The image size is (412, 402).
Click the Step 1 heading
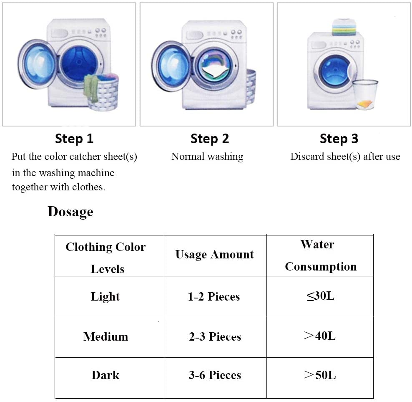point(74,139)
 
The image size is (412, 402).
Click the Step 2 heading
point(210,139)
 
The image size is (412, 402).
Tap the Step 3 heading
point(339,139)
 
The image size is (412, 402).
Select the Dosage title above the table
point(70,212)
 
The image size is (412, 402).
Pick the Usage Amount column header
point(214,255)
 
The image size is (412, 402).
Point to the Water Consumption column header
point(320,255)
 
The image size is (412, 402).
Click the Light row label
point(105,297)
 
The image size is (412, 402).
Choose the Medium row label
point(106,336)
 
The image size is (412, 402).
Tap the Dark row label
point(106,375)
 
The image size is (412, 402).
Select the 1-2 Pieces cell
point(214,297)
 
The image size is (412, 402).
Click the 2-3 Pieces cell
point(215,336)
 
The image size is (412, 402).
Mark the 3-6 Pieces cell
point(215,375)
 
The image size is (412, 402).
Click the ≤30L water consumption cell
point(320,296)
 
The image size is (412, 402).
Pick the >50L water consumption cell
point(320,375)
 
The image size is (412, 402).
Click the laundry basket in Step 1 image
point(101,93)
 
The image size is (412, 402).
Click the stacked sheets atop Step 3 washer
point(344,28)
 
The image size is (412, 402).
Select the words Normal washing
point(207,157)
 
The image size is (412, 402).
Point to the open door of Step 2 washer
point(171,66)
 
